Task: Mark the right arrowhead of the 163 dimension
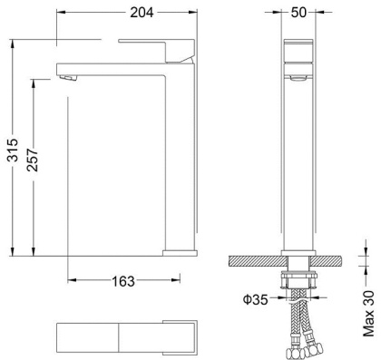point(194,280)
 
